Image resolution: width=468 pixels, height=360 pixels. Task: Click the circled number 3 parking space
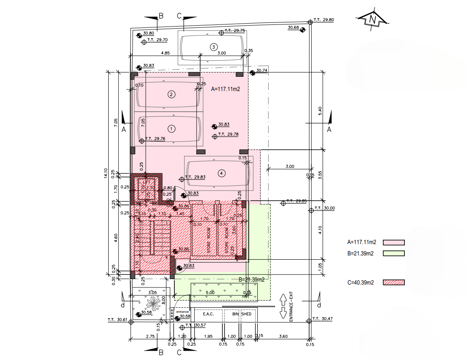click(x=214, y=46)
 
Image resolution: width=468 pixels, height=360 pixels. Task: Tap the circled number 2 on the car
click(x=171, y=94)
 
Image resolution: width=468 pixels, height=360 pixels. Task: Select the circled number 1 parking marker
click(x=171, y=128)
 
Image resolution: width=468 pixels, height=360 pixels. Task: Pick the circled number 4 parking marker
click(x=222, y=173)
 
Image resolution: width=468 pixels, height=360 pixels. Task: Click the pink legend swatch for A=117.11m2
click(x=393, y=242)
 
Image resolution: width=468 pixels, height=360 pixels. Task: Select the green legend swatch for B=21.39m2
click(x=393, y=253)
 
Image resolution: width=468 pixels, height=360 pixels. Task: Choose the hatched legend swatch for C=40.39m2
click(x=393, y=282)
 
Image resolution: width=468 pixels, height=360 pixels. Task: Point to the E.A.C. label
click(x=209, y=314)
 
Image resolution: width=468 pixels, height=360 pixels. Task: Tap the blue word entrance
click(x=177, y=312)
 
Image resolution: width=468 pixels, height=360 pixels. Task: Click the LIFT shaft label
click(x=147, y=182)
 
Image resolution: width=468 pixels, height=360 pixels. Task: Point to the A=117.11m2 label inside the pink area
click(x=225, y=89)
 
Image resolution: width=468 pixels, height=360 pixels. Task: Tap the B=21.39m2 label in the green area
click(x=251, y=279)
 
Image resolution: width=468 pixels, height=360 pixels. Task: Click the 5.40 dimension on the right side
click(x=320, y=111)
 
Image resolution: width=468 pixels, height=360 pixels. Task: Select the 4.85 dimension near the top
click(x=165, y=53)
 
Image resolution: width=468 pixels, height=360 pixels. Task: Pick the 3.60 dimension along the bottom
click(x=283, y=336)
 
